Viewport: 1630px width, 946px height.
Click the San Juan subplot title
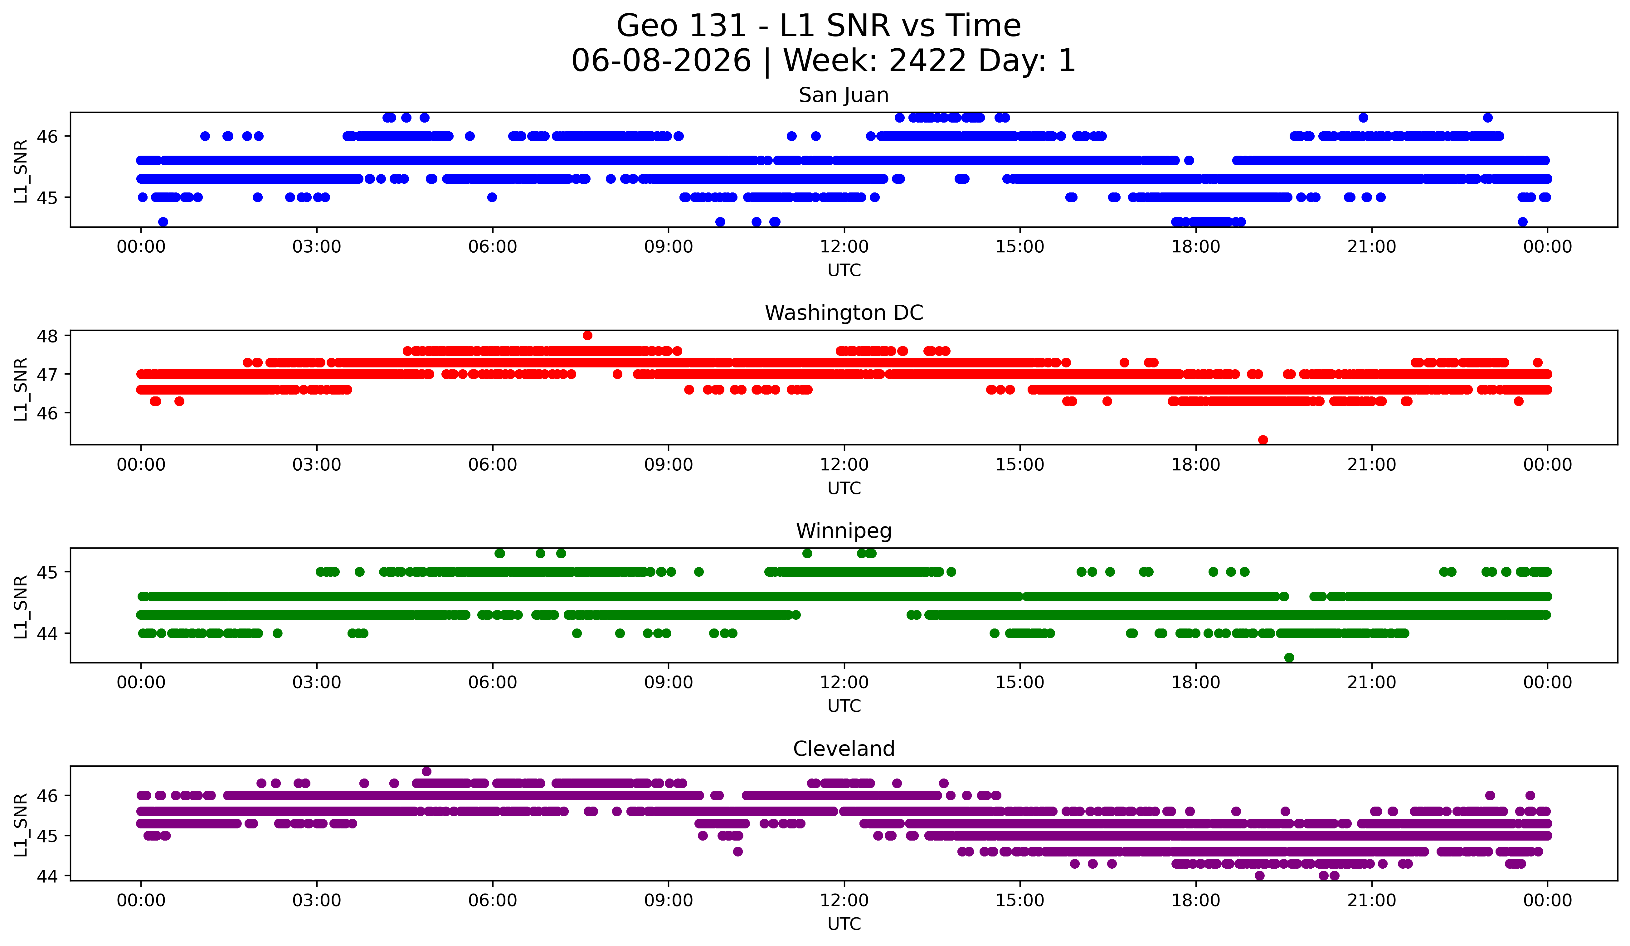844,95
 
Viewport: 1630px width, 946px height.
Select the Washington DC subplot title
844,313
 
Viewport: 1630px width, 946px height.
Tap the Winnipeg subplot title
844,531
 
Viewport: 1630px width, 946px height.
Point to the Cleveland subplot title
844,749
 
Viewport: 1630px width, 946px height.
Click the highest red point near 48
587,335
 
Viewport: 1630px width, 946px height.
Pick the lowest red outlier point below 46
1263,440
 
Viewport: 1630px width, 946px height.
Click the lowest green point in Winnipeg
1289,657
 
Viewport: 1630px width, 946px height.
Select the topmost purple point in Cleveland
426,771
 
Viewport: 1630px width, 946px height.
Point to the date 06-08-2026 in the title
661,61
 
